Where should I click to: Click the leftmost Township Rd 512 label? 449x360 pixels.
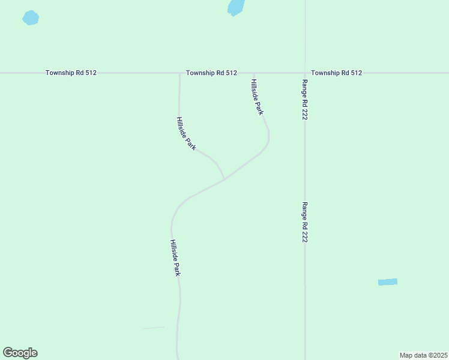pos(71,73)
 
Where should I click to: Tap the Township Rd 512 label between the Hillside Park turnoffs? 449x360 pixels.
pos(211,73)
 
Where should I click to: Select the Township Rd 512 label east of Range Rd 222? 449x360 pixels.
pos(337,73)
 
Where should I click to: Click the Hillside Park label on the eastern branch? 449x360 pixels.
pos(258,97)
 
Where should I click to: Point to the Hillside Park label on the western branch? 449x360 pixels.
pos(186,133)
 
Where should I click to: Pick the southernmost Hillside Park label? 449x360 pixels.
pos(175,258)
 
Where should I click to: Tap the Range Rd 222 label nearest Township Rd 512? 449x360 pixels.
pos(305,100)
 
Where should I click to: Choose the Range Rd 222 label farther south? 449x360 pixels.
pos(305,221)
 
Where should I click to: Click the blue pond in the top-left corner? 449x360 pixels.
pos(31,18)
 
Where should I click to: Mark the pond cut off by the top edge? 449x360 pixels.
pos(236,7)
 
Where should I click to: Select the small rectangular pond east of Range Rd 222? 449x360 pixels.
pos(388,282)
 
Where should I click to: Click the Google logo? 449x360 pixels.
pos(20,353)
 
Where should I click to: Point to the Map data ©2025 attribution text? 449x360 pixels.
pos(423,355)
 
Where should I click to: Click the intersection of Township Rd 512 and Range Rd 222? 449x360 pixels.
pos(305,73)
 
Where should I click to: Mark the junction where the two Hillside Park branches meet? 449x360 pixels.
pos(224,179)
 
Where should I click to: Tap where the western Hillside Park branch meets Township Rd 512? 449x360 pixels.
pos(179,73)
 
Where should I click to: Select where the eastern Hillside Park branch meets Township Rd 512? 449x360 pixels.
pos(255,73)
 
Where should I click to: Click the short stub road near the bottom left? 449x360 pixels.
pos(154,328)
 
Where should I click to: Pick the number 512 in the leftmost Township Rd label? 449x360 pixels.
pos(91,73)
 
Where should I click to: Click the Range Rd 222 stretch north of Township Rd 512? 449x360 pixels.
pos(305,33)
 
